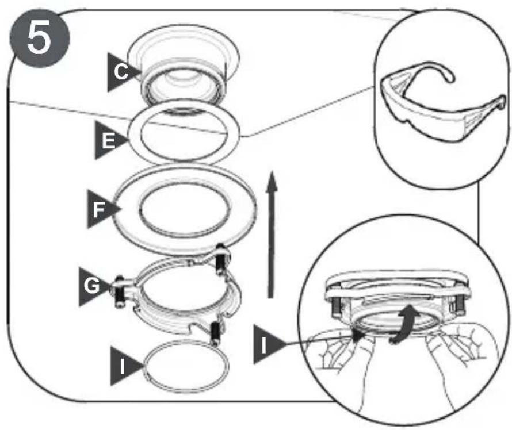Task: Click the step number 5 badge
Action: pyautogui.click(x=40, y=38)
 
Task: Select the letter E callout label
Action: pyautogui.click(x=108, y=141)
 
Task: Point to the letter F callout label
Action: pyautogui.click(x=100, y=209)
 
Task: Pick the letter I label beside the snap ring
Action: pyautogui.click(x=124, y=366)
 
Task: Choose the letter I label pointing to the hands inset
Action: pyautogui.click(x=265, y=344)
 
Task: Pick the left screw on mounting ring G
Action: pyautogui.click(x=119, y=292)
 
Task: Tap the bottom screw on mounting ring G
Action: pyautogui.click(x=216, y=333)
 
